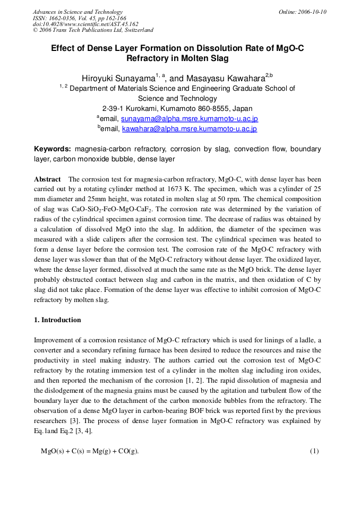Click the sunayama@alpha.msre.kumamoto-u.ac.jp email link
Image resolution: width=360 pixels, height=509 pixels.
189,118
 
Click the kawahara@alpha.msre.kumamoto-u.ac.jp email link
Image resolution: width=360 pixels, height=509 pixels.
190,128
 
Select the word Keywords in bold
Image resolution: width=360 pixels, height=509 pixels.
53,149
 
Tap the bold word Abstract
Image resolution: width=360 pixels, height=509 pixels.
47,179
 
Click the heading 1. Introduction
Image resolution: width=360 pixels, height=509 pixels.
57,320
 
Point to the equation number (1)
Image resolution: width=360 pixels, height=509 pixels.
314,451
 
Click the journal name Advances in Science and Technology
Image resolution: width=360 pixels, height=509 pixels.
78,12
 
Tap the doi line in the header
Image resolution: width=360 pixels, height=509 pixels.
85,24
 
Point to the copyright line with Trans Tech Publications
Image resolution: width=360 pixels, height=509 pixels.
93,30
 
